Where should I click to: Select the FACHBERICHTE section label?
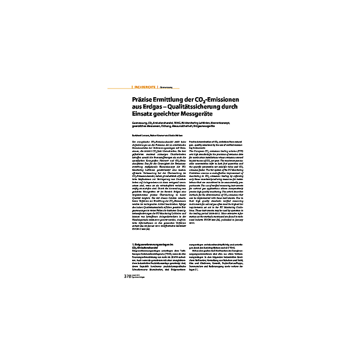145,87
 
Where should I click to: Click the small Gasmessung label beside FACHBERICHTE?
166,87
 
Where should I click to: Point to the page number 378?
128,277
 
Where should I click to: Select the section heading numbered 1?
154,257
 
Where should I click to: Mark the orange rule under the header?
180,91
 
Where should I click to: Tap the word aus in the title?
136,106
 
